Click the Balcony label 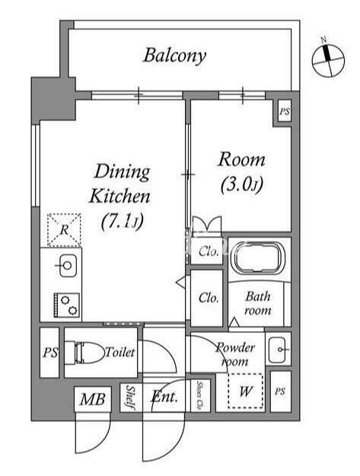(x=175, y=56)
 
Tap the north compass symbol (x=328, y=59)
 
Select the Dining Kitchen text (x=120, y=184)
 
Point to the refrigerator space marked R (x=64, y=229)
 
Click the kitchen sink (x=67, y=266)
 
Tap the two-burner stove (x=67, y=305)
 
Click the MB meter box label (x=93, y=399)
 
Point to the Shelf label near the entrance (x=130, y=398)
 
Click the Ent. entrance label (x=164, y=396)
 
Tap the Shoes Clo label (x=200, y=396)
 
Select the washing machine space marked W (x=246, y=391)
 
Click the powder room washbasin (x=278, y=350)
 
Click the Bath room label (x=258, y=303)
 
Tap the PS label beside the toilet (x=50, y=353)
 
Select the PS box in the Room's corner (x=285, y=111)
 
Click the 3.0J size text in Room (x=242, y=184)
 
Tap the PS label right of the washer (x=280, y=391)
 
